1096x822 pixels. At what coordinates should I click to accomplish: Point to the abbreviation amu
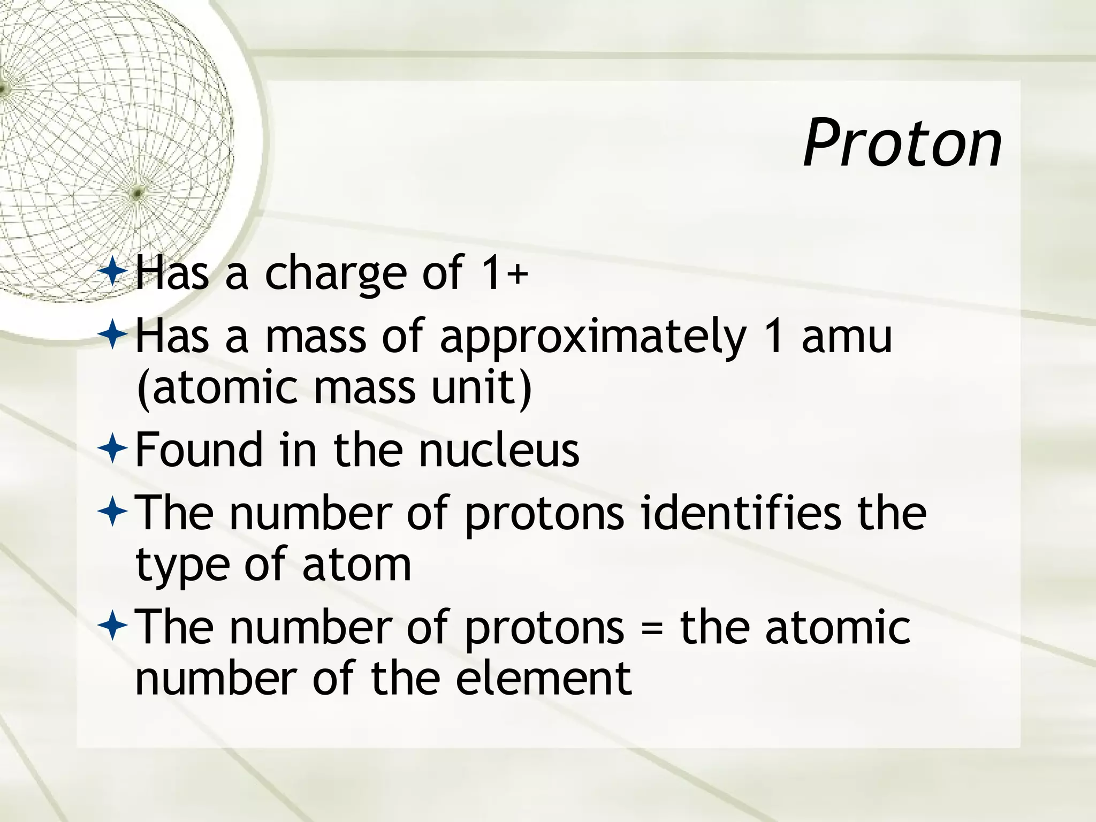click(847, 336)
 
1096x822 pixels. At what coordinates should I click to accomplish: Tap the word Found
click(199, 450)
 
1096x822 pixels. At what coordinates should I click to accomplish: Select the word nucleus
click(499, 451)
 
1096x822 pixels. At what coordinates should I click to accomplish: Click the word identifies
click(741, 513)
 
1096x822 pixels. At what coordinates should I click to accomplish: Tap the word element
click(544, 679)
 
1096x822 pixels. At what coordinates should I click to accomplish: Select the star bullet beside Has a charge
click(112, 271)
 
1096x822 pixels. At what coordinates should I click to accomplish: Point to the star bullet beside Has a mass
click(112, 335)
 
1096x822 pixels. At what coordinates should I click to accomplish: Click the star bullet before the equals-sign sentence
click(112, 626)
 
